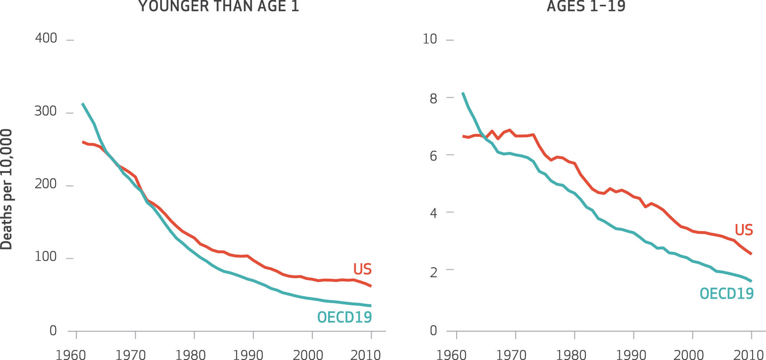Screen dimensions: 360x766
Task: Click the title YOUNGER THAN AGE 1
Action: pos(218,6)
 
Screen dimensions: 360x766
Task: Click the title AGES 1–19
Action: pos(586,6)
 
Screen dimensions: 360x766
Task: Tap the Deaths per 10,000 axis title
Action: pos(6,189)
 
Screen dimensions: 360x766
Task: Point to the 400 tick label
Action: pos(46,39)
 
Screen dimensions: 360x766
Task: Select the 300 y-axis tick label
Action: pos(46,112)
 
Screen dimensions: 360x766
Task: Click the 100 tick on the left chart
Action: pos(46,257)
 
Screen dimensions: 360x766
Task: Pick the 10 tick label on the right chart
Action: pos(429,39)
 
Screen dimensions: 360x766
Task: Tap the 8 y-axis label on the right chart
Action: pos(433,99)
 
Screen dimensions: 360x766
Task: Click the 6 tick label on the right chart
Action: pos(433,156)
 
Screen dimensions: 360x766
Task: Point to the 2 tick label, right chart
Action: pos(433,272)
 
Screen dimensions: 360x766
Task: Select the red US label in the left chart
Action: pos(362,269)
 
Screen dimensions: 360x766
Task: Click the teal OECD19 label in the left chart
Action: pos(344,317)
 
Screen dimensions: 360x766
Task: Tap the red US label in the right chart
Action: pos(744,230)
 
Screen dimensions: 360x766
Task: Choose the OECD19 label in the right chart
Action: pos(726,294)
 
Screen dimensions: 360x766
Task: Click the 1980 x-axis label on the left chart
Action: pos(190,355)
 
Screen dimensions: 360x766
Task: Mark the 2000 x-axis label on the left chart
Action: pos(308,355)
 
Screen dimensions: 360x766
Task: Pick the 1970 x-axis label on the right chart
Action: pos(511,355)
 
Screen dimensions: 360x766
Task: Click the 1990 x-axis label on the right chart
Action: pos(630,355)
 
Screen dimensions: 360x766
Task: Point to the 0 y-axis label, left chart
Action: pos(53,331)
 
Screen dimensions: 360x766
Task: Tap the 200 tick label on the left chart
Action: pos(46,184)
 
